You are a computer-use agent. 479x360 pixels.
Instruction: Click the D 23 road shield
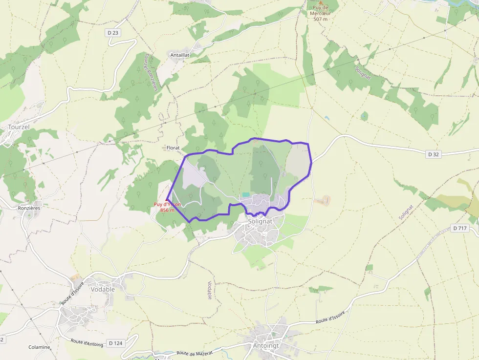tap(112, 33)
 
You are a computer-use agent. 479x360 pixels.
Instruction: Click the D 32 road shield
tap(434, 154)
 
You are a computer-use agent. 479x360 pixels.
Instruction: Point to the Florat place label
tap(173, 148)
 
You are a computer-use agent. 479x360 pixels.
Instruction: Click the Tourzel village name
tap(20, 127)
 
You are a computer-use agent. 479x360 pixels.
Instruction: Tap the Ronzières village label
tap(29, 208)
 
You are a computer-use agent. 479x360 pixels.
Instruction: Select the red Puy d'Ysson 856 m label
tap(167, 207)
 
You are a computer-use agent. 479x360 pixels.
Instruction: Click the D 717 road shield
tap(460, 228)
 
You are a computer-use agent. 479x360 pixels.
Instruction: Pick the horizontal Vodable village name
tap(103, 289)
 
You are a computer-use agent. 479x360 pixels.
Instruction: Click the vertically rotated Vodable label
tap(210, 290)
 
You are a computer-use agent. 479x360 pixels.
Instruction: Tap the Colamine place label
tap(39, 347)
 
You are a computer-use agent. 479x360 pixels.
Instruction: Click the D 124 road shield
tap(115, 343)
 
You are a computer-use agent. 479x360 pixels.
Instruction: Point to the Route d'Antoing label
tap(87, 343)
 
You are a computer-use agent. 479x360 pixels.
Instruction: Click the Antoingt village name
tap(266, 346)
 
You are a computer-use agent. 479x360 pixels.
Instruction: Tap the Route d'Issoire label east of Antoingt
tap(330, 318)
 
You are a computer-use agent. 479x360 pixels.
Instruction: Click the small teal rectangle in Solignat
tap(246, 195)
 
